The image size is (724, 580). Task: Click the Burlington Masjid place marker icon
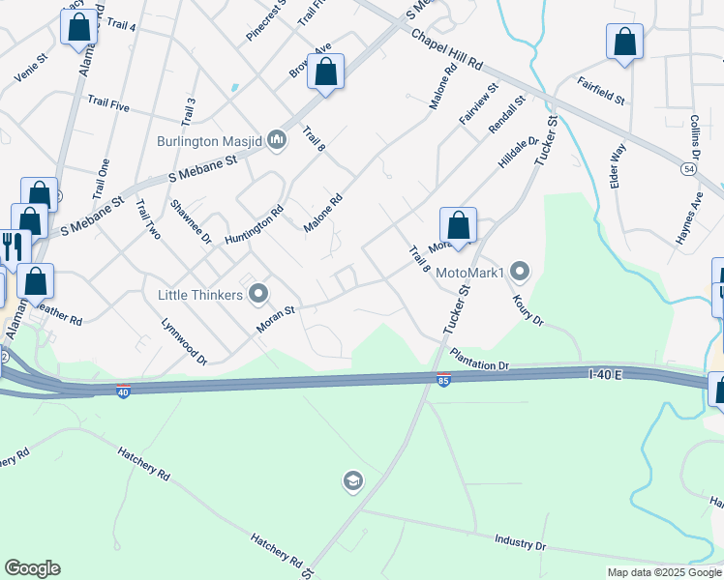point(277,141)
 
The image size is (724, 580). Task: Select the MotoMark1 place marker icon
point(521,273)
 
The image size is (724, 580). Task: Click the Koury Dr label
point(529,308)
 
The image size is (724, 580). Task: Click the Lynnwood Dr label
point(184,341)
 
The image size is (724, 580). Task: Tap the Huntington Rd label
point(254,225)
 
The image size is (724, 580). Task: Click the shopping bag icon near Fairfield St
point(625,43)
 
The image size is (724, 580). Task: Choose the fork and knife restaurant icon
point(12,246)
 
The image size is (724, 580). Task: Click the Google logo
point(32,568)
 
